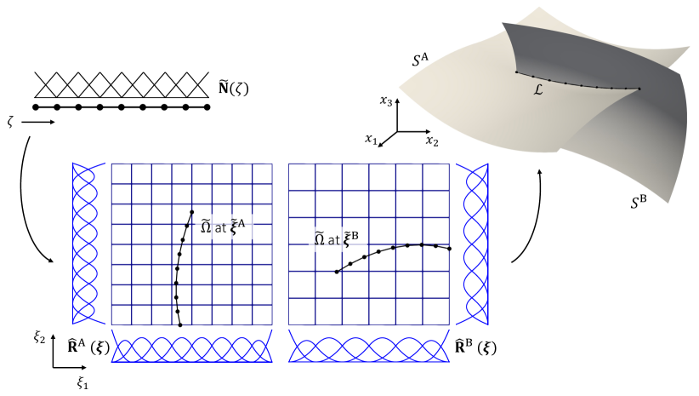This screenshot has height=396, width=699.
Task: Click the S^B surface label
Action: [x=637, y=203]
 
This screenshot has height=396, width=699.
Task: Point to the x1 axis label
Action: [x=371, y=139]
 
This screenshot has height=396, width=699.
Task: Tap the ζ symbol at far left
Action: [x=11, y=122]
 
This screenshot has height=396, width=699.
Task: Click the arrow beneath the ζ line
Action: [x=37, y=123]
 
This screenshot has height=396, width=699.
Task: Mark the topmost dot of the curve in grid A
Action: [x=192, y=212]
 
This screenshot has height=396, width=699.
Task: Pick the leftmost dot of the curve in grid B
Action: [x=337, y=272]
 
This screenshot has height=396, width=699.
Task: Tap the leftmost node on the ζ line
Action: [x=37, y=107]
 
